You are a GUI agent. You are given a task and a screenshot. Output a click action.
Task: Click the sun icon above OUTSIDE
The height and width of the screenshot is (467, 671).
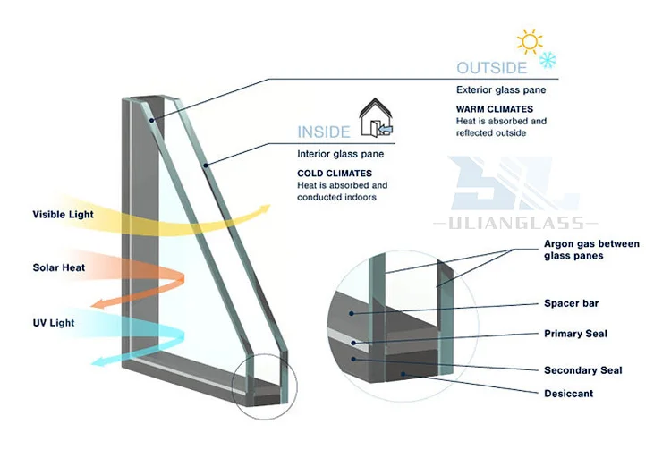point(529,41)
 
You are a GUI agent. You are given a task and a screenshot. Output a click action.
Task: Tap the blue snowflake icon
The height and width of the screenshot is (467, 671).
point(545,61)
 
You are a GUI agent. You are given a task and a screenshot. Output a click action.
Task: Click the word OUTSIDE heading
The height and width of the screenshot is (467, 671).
point(491,69)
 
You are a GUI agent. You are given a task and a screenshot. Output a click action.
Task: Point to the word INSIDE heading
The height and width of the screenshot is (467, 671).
point(324,132)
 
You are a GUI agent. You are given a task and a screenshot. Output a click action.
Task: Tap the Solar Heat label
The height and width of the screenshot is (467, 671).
point(59,267)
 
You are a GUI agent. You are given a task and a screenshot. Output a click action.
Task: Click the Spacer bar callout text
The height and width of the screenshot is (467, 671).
point(571,304)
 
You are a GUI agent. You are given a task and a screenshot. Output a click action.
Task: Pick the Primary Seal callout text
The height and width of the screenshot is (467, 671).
point(575,334)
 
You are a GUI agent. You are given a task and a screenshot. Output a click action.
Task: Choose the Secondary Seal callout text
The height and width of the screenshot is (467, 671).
point(582,370)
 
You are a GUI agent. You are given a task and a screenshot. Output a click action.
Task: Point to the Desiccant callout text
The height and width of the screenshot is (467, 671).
point(568,394)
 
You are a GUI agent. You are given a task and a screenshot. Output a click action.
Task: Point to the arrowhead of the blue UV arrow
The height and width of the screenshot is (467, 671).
point(101,361)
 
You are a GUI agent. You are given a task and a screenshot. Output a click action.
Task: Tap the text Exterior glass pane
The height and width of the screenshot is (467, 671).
point(501,90)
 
